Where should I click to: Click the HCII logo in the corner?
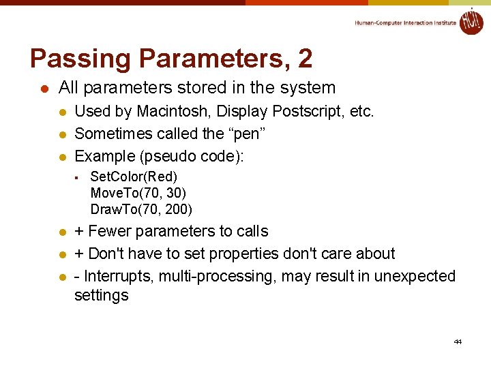pos(471,21)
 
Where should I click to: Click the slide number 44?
pos(458,341)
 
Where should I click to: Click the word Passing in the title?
pos(73,59)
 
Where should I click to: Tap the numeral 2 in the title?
pos(305,59)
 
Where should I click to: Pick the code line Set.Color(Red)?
pos(134,177)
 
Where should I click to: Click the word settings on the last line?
pos(101,296)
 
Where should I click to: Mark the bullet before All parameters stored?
pos(43,89)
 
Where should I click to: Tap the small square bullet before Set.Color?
pos(78,177)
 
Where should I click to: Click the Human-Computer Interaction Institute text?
pos(405,23)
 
